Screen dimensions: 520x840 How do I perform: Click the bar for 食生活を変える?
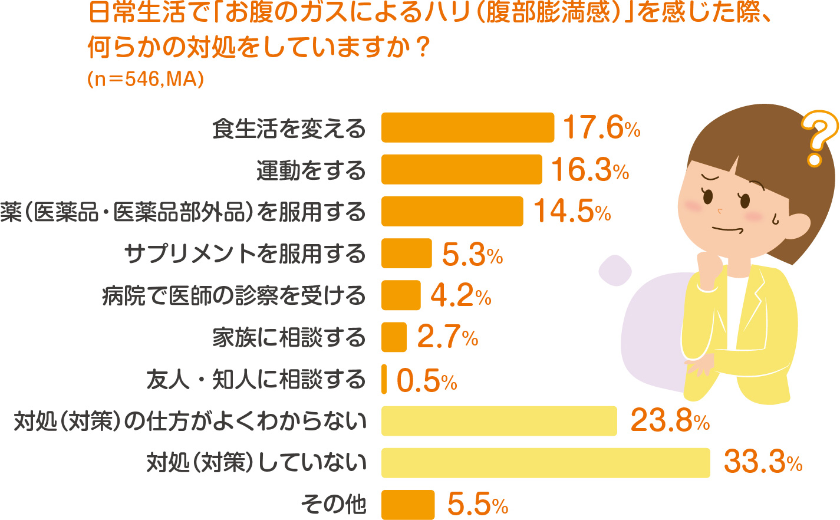click(467, 127)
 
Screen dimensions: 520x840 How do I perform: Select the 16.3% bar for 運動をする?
click(462, 169)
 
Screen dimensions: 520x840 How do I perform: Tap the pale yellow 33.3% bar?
click(545, 463)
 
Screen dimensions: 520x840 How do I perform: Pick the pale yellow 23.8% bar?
click(499, 421)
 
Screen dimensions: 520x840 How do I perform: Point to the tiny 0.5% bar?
click(384, 379)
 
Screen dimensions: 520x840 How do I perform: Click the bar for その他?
click(408, 505)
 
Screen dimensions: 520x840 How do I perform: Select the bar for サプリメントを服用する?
click(407, 254)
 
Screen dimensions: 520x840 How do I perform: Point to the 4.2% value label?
click(460, 295)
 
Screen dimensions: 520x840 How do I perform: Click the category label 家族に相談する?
click(289, 338)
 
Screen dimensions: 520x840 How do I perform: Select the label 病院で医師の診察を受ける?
click(234, 296)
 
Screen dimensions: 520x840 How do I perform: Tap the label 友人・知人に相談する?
click(256, 380)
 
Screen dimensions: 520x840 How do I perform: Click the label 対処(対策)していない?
click(256, 463)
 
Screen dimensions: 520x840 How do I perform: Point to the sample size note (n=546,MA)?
click(146, 79)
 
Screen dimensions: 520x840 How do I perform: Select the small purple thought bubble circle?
click(615, 271)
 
